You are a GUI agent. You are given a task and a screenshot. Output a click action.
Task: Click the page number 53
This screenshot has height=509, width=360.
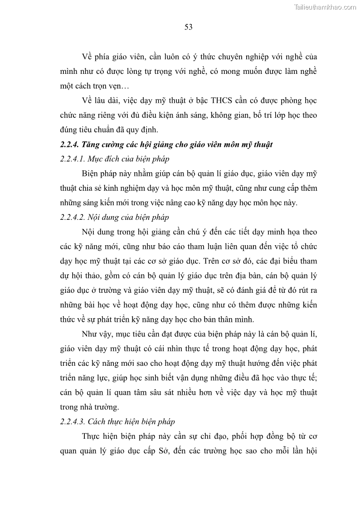189,27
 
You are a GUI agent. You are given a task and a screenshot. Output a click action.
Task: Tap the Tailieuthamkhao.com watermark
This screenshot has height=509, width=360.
326,7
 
